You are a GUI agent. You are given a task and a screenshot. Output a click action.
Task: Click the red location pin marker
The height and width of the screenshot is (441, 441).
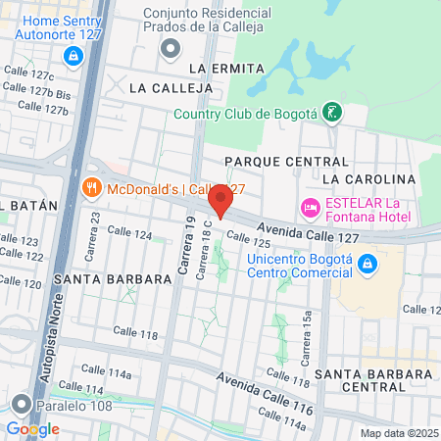220,202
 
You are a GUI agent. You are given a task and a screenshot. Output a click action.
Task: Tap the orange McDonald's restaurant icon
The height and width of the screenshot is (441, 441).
90,187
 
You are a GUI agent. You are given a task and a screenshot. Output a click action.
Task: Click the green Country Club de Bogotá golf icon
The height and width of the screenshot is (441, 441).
333,113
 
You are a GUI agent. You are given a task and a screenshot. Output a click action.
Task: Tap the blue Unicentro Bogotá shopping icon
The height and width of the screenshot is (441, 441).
367,264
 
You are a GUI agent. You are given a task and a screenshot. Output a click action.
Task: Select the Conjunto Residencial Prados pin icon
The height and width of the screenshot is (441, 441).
171,47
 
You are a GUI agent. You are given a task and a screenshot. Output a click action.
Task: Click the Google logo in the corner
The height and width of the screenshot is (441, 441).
32,428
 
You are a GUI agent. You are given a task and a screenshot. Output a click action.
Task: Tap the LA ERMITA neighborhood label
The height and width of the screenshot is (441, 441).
226,68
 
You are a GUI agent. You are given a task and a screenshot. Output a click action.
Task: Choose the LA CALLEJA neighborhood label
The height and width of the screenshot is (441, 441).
171,87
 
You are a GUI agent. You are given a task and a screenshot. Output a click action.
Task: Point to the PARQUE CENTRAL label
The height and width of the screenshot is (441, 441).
286,161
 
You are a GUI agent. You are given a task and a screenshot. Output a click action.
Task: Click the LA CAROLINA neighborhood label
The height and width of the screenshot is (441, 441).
368,179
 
